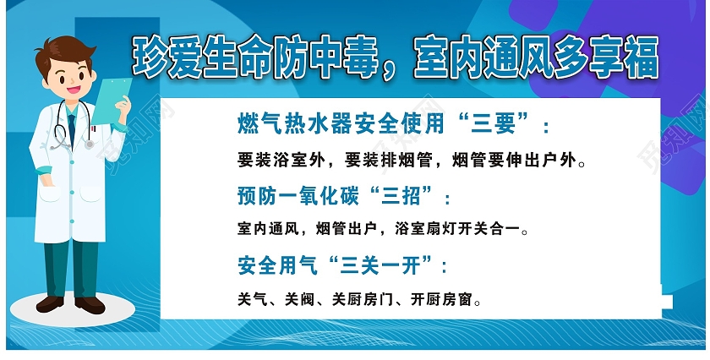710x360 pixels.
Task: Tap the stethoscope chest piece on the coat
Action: [89, 145]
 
